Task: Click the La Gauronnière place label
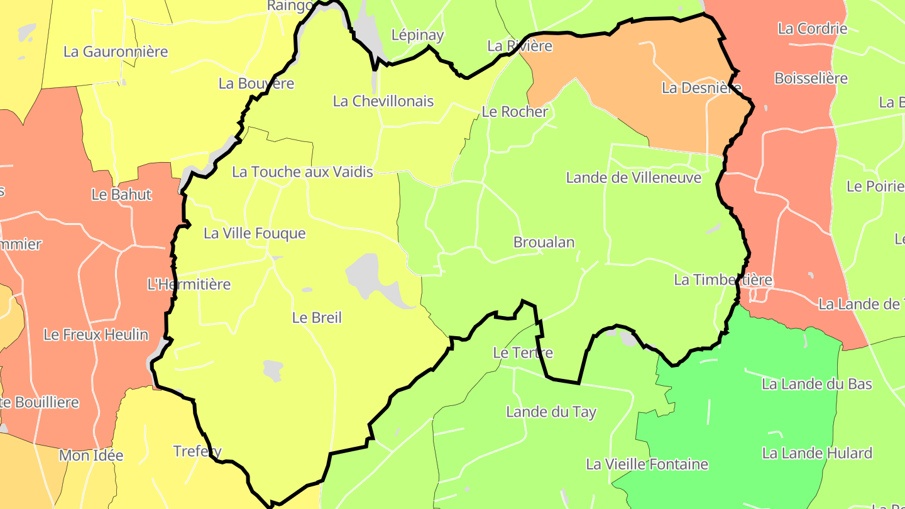point(116,52)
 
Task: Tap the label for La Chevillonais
point(383,101)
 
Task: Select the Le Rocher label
point(515,112)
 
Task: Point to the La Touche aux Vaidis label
point(302,172)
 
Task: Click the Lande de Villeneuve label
point(633,178)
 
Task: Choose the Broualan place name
point(544,242)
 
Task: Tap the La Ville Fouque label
point(255,233)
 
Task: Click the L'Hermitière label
point(189,284)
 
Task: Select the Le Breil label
point(317,317)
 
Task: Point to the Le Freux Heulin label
point(96,334)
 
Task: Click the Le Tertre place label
point(523,353)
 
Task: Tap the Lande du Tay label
point(551,412)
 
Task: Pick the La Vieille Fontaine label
point(647,464)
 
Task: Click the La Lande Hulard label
point(817,453)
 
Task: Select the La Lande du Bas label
point(817,384)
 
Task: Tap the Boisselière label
point(811,79)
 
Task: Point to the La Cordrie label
point(813,28)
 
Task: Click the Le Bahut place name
point(121,194)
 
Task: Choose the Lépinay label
point(417,35)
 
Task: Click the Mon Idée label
point(91,456)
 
